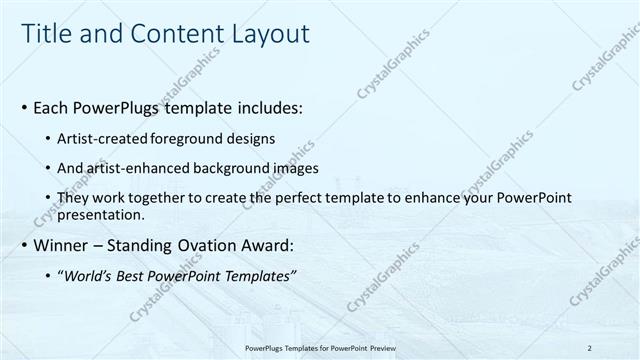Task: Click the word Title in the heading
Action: pyautogui.click(x=45, y=34)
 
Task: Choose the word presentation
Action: pyautogui.click(x=101, y=214)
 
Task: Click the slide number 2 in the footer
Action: pyautogui.click(x=590, y=348)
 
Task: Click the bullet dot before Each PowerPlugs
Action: pyautogui.click(x=24, y=107)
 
